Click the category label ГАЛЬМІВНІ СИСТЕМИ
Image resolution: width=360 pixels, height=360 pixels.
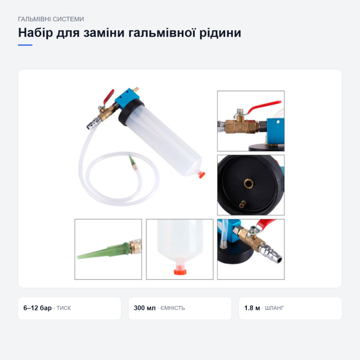pos(51,19)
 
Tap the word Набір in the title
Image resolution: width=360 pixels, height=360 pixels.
pos(36,33)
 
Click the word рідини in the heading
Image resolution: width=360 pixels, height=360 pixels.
pos(220,33)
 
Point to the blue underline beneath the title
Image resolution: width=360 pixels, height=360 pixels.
pos(25,45)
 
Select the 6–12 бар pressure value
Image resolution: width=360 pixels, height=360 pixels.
pos(37,308)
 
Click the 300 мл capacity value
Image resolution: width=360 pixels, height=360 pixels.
pos(145,308)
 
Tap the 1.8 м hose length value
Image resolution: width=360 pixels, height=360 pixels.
pos(252,308)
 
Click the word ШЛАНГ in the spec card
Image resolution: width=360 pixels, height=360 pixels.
pos(274,308)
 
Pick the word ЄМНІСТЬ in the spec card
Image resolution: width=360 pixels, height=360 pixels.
pos(173,308)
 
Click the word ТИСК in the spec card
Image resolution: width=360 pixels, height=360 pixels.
pos(64,308)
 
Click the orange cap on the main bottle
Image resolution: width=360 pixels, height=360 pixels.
pos(202,175)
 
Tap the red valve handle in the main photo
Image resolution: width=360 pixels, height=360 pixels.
pos(109,96)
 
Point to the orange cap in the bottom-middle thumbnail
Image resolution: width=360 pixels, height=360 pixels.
pos(180,272)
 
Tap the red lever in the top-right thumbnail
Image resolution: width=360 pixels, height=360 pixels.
pos(264,106)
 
